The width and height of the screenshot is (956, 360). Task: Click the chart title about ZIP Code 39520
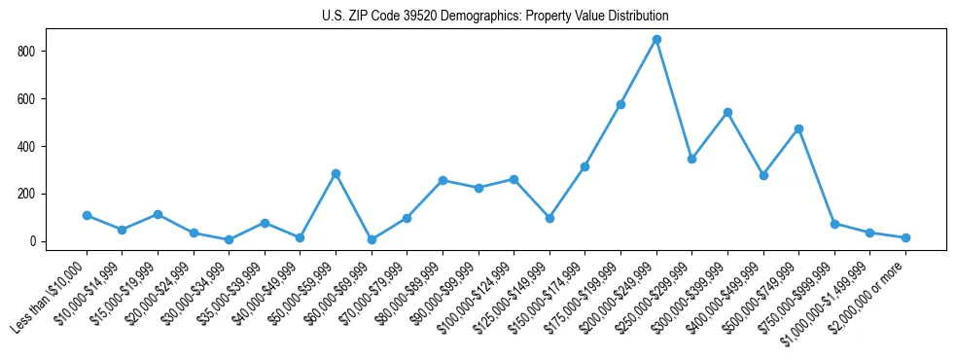pos(495,17)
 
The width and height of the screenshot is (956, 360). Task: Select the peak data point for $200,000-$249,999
pos(656,39)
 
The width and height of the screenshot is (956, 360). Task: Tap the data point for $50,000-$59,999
pos(336,173)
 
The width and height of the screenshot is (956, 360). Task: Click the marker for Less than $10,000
pos(87,215)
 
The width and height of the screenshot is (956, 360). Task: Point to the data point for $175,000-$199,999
pos(620,104)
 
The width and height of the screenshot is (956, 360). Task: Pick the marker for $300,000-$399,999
pos(727,112)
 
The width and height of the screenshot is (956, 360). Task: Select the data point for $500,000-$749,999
pos(798,128)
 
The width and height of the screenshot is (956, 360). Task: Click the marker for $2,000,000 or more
pos(905,237)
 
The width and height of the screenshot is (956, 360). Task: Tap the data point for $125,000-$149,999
pos(549,218)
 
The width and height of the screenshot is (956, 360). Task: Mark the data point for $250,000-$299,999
pos(691,159)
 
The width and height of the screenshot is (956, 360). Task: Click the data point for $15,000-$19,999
pos(158,214)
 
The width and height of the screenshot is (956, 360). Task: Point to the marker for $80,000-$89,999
pos(443,180)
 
